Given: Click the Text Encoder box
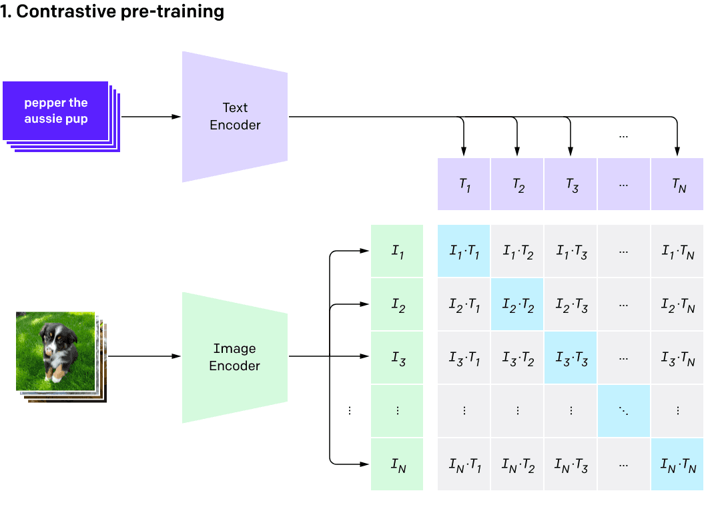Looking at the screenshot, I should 235,117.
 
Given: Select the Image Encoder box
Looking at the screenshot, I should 235,357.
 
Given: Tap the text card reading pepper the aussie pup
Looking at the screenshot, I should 56,111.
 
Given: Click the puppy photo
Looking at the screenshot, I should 55,351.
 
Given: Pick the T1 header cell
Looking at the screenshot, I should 464,185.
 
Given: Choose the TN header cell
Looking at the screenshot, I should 677,185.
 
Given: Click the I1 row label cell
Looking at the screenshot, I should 397,251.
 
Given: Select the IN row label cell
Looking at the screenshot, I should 397,465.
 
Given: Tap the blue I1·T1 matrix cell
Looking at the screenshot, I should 464,251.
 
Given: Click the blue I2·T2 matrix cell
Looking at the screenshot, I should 518,305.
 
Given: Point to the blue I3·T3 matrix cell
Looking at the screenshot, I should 571,358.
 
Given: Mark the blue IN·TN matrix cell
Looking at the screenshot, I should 677,465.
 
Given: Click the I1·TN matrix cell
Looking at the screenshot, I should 677,251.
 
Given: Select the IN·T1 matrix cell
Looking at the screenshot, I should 464,465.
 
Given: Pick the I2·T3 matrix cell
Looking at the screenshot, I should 571,305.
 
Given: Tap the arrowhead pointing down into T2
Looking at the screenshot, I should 517,149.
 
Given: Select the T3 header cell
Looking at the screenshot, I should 571,185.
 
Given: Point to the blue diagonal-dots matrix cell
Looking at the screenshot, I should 624,412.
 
